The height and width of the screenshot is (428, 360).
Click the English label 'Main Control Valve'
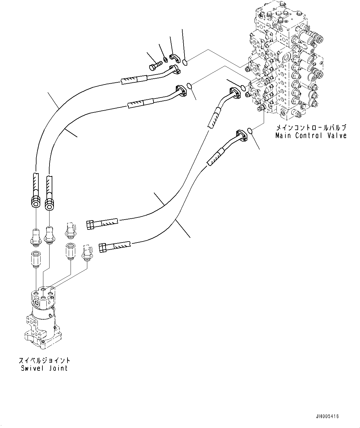(311, 136)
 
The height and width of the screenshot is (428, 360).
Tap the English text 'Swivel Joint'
(44, 368)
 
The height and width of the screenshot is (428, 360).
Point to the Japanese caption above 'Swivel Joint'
(44, 360)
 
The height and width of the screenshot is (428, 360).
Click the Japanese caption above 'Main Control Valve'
(311, 128)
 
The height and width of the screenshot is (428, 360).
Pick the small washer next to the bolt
(166, 59)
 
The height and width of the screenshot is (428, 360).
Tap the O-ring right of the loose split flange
(185, 63)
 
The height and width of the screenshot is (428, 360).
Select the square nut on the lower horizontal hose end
(103, 248)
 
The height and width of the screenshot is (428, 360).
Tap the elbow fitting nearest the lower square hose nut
(87, 251)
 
